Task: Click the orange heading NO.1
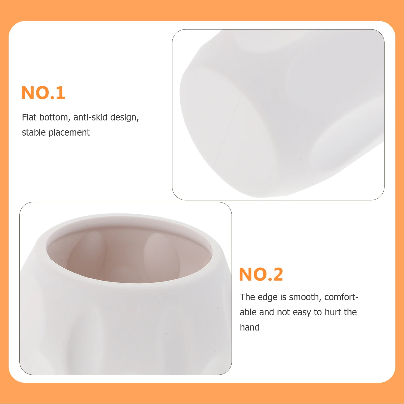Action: pyautogui.click(x=43, y=93)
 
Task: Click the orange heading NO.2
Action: pyautogui.click(x=261, y=274)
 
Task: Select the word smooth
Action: pyautogui.click(x=305, y=297)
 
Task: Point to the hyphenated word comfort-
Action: pyautogui.click(x=341, y=297)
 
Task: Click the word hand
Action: pyautogui.click(x=249, y=327)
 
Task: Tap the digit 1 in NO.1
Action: pyautogui.click(x=61, y=93)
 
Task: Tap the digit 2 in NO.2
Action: pyautogui.click(x=277, y=274)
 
